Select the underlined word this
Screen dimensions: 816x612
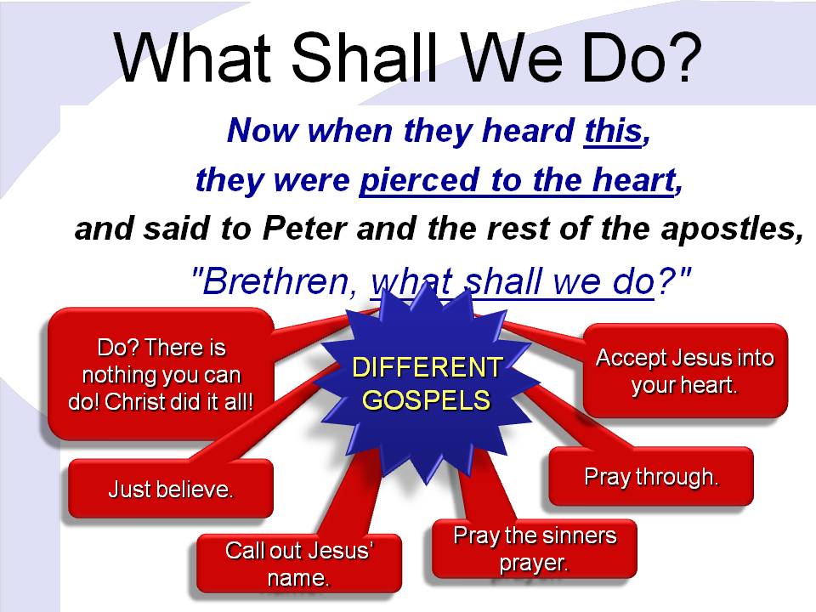point(613,130)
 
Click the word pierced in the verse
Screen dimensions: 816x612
point(419,180)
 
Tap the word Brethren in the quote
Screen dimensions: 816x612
point(275,281)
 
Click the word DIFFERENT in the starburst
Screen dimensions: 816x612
point(428,367)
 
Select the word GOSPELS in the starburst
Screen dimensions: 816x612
point(426,399)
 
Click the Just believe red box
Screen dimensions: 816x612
point(171,489)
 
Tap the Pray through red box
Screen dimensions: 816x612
point(651,476)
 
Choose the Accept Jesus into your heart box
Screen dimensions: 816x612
point(685,371)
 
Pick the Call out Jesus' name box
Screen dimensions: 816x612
point(298,564)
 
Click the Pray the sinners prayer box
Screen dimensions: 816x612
point(535,549)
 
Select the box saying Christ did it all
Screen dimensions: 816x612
point(161,374)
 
